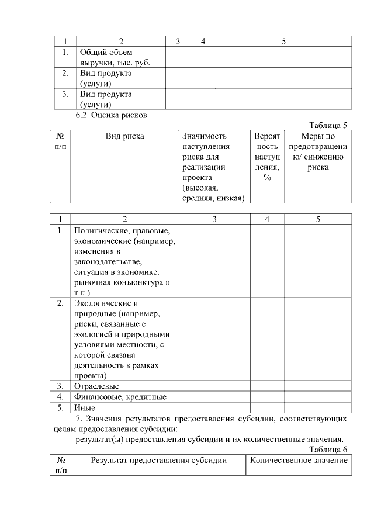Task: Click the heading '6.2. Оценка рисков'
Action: [112, 115]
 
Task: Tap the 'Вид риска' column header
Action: [124, 136]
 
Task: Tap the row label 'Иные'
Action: [85, 407]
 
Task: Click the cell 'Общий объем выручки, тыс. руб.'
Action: [115, 57]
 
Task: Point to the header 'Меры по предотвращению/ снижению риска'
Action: [318, 152]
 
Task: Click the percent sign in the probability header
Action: [267, 178]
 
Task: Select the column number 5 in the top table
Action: [283, 42]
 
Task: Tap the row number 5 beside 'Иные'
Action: [60, 407]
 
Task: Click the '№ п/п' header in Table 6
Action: [61, 465]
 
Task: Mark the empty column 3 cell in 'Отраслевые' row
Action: [214, 386]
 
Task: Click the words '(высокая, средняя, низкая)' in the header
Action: [213, 193]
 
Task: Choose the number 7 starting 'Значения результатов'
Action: [79, 419]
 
